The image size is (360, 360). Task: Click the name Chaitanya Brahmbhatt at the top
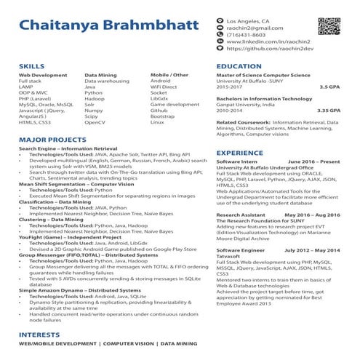click(x=106, y=25)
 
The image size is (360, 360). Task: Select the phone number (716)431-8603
click(x=246, y=35)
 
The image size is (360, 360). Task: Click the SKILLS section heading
click(x=31, y=66)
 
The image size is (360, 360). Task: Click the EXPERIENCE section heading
click(x=241, y=153)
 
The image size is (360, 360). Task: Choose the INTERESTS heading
click(x=39, y=335)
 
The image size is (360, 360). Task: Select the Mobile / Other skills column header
click(x=169, y=75)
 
